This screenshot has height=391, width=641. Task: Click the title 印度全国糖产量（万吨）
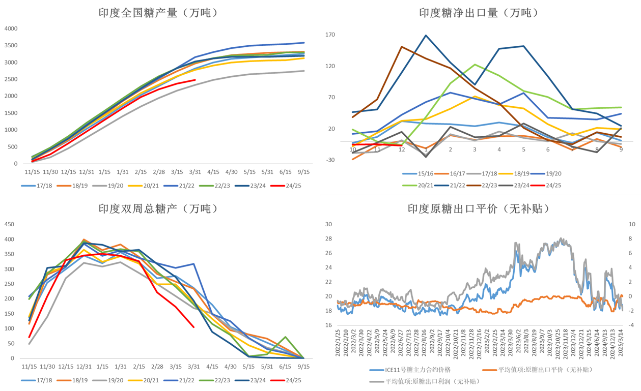coord(158,13)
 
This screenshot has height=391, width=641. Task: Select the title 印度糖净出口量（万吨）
coord(479,13)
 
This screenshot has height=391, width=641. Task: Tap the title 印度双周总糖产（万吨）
coord(158,208)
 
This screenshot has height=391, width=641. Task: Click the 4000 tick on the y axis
coord(11,29)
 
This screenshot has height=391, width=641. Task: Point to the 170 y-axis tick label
coord(330,35)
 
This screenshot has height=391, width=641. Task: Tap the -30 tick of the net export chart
coord(330,160)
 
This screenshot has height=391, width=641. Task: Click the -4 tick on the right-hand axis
coord(631,325)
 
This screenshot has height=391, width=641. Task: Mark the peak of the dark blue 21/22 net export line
coord(426,35)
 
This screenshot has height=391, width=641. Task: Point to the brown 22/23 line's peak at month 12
coord(402,47)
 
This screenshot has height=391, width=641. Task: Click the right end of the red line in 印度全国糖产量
coord(195,80)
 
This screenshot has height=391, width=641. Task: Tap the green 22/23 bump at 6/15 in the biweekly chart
coord(286,337)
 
